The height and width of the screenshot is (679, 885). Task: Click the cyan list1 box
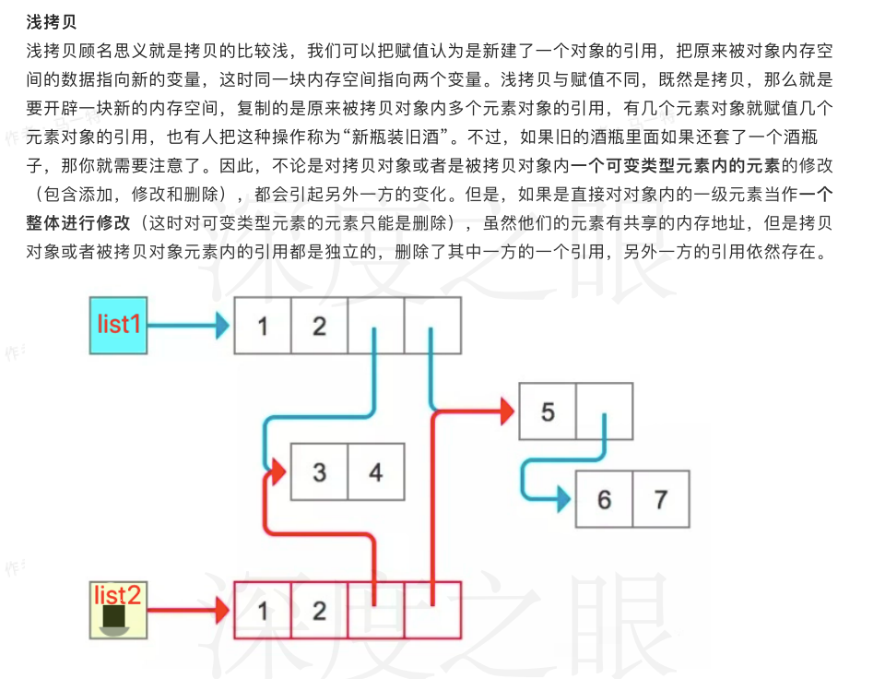118,325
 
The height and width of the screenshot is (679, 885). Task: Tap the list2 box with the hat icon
118,610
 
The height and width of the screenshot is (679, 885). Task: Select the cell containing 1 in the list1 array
263,326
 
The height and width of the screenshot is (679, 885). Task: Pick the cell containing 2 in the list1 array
319,326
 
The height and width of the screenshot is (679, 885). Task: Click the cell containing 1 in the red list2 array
263,610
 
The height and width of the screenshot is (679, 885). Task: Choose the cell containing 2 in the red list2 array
319,610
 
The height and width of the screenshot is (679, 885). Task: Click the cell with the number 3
319,472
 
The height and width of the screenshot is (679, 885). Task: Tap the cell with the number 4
375,472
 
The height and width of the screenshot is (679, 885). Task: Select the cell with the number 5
548,411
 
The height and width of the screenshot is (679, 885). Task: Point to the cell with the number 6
604,499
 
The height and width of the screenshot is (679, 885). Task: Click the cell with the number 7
660,499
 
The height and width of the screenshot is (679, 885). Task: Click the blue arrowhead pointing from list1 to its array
222,325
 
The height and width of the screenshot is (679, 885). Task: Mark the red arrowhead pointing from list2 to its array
222,610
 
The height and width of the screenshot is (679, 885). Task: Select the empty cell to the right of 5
605,411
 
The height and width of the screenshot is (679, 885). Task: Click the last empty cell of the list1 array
432,326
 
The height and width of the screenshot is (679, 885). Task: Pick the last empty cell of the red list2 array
432,610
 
